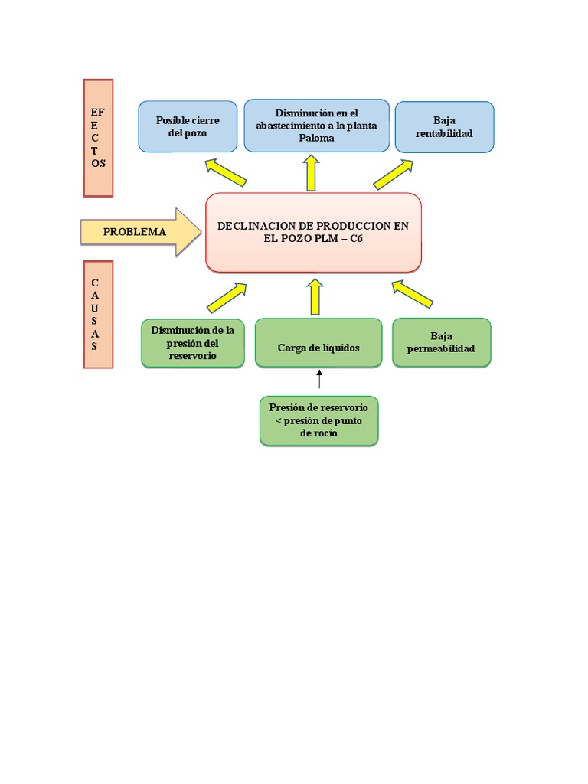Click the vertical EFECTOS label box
98,138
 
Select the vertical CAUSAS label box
98,315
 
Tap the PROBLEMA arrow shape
141,232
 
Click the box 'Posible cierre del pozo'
188,126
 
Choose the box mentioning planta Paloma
316,126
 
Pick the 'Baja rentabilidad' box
445,127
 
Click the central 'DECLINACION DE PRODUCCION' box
313,233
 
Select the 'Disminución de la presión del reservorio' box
193,344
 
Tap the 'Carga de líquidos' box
318,343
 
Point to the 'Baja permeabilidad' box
442,342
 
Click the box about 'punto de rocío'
319,420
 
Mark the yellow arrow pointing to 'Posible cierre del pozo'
226,172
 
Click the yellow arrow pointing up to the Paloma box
311,173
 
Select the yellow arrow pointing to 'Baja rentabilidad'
393,175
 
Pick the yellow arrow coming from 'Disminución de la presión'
227,298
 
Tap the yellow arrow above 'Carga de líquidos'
315,297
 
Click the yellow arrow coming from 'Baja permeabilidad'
412,294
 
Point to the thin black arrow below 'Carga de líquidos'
319,379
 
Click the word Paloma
316,138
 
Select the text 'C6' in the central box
356,239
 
